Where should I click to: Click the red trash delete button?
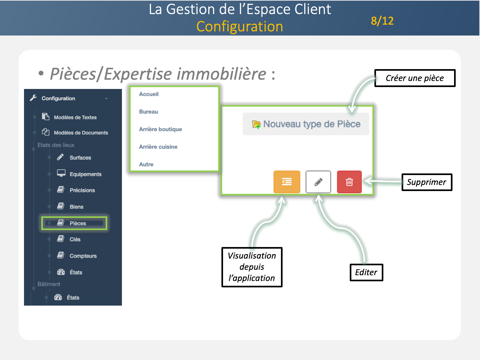(349, 182)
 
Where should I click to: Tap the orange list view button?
(287, 182)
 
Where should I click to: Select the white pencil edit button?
(318, 182)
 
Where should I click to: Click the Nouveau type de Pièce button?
(306, 124)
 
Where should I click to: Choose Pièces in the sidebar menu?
(77, 223)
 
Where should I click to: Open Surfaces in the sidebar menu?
(80, 158)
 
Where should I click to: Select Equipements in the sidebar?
(85, 174)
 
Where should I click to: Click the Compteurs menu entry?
(83, 256)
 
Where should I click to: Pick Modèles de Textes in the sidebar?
(75, 117)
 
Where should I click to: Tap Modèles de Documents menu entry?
(81, 133)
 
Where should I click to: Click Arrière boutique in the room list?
(160, 129)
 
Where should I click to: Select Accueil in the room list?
(149, 94)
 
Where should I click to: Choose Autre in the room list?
(146, 164)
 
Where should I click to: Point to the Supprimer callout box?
(427, 182)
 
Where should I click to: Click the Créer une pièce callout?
(415, 78)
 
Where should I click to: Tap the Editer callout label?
(366, 272)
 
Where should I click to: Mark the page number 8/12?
(382, 21)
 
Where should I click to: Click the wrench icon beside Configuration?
(33, 98)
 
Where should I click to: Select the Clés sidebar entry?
(75, 239)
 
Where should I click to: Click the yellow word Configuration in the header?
(240, 27)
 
